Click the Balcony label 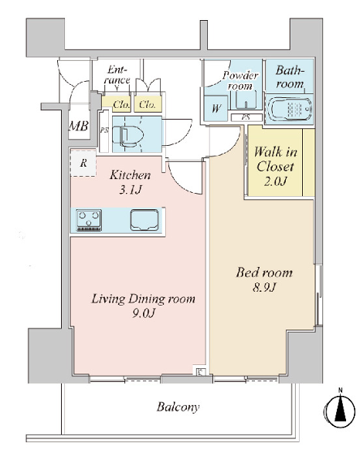[178, 407]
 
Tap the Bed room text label [264, 272]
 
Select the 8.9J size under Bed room [264, 287]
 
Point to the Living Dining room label [143, 299]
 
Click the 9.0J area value [144, 313]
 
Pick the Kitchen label [130, 175]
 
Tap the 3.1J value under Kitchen [131, 190]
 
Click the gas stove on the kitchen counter [89, 220]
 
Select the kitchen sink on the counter [144, 220]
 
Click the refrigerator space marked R [83, 163]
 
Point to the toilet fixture [127, 135]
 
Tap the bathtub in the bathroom [290, 110]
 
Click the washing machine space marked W [216, 108]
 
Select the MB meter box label [78, 127]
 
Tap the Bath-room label [290, 77]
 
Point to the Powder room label [239, 80]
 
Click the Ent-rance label [117, 75]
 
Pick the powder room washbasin [246, 100]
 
